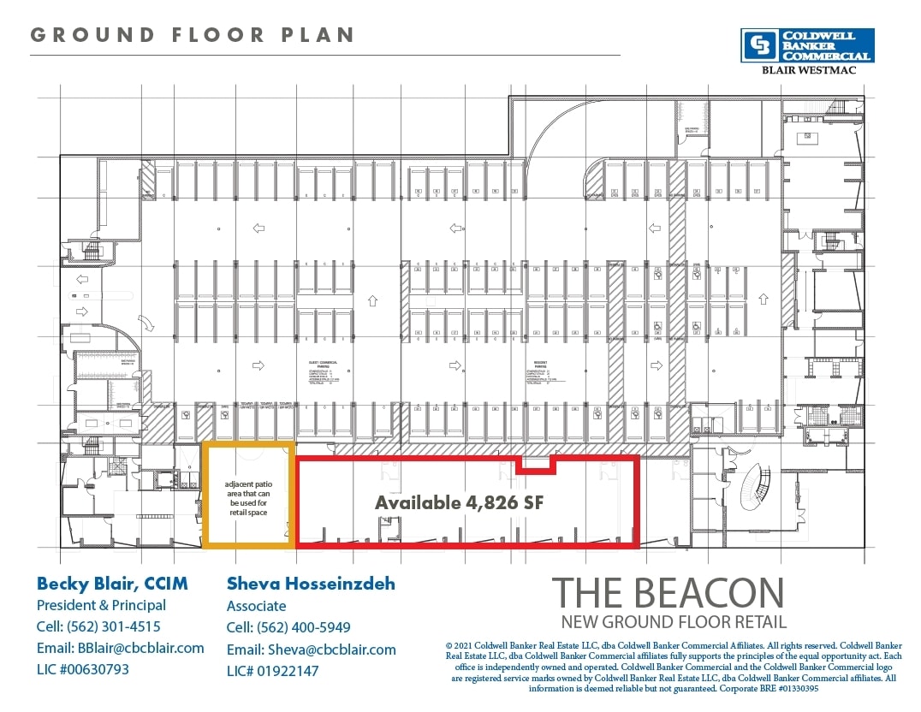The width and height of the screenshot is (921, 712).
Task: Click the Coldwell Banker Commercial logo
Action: click(808, 45)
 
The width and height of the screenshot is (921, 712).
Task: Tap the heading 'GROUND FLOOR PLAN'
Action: click(193, 35)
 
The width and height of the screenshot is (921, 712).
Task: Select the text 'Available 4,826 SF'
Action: click(460, 502)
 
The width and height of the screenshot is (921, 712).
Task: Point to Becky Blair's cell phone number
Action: click(98, 626)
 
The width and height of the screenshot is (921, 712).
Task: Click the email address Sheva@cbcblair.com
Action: click(311, 650)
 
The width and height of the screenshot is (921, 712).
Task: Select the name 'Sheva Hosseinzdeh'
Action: click(311, 584)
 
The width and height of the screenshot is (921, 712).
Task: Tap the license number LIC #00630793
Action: click(83, 669)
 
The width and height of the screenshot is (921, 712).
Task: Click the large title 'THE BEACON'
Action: click(667, 593)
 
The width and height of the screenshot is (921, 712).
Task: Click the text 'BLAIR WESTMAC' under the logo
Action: click(808, 70)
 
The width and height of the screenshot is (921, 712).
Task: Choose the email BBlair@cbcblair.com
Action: click(121, 648)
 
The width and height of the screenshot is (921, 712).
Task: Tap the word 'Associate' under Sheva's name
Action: click(257, 606)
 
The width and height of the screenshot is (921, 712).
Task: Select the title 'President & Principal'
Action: click(101, 605)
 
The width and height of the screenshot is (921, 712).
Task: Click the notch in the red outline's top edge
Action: click(538, 464)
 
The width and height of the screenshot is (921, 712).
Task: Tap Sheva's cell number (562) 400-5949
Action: click(288, 627)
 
